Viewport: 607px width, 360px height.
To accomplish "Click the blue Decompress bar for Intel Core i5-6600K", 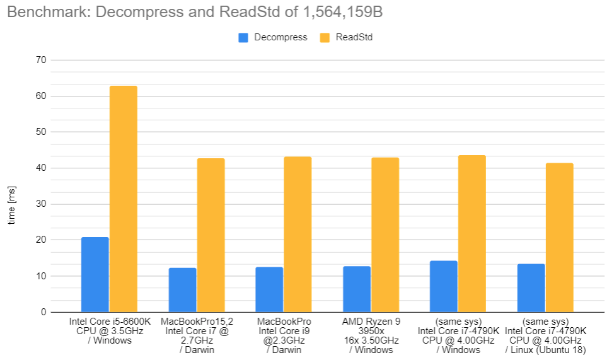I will (95, 274).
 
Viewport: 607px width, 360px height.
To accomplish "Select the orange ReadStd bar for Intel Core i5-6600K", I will (124, 199).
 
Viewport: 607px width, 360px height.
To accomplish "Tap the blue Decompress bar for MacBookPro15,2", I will (182, 290).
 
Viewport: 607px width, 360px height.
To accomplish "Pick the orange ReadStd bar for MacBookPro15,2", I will (211, 235).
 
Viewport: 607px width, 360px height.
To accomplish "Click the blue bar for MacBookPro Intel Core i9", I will (269, 289).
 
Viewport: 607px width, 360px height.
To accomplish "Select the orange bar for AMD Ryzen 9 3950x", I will (385, 235).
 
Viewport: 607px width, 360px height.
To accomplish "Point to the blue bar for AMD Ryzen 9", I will (357, 289).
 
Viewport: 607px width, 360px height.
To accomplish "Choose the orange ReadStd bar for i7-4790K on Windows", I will (472, 233).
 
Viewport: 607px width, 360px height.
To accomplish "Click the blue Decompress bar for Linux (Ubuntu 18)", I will (531, 287).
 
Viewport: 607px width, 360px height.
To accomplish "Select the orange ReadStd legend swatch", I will (325, 38).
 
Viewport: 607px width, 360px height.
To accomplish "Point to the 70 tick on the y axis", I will (43, 61).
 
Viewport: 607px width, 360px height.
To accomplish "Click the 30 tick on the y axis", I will (43, 204).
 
